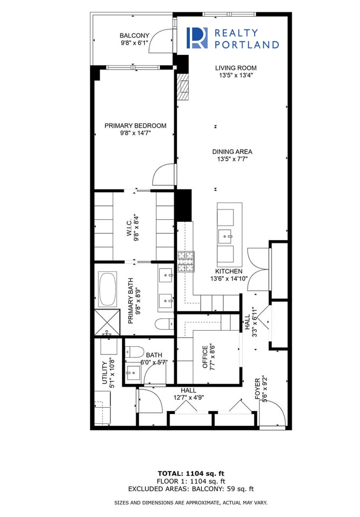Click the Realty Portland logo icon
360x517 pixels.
point(197,38)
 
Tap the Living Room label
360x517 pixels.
point(236,68)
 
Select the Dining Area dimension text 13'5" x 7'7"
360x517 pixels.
point(232,159)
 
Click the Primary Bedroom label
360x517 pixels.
point(136,125)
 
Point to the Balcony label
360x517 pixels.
point(135,36)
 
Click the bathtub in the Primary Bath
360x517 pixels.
point(108,289)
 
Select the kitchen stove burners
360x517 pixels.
point(186,262)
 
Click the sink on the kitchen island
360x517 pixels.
point(226,236)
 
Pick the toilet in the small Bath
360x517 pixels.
point(135,352)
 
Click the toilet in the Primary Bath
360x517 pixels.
point(164,324)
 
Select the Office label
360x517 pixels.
point(205,357)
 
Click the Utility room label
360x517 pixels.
point(105,373)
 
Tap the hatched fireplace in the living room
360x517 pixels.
point(183,86)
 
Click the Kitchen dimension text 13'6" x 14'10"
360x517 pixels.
point(229,278)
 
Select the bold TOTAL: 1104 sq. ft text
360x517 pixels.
point(191,474)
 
